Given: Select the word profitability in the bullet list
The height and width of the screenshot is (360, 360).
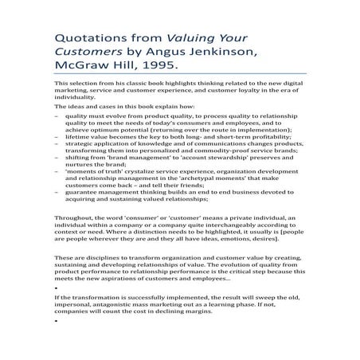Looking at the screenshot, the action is click(x=248, y=137).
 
